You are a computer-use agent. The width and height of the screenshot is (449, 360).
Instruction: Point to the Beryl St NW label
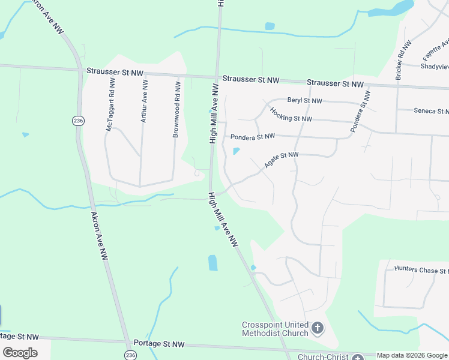pos(304,101)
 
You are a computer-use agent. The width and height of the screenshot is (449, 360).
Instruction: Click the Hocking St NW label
pos(291,115)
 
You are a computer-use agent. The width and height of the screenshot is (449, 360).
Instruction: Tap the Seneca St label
pos(431,111)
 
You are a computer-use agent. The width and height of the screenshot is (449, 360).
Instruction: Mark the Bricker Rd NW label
pos(403,61)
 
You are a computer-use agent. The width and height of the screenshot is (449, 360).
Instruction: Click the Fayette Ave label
pos(436,50)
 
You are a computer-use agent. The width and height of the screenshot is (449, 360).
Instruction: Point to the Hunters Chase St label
pos(421,270)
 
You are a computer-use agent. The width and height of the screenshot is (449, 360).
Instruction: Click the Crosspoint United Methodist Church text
pos(275,329)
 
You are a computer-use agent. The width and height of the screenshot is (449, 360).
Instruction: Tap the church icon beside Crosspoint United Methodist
pos(318,328)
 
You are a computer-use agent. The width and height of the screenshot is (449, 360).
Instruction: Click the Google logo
pos(20,353)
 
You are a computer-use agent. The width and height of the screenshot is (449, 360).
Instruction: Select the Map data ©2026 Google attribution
pos(412,355)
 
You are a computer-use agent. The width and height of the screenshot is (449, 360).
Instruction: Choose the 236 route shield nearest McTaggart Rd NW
pos(77,121)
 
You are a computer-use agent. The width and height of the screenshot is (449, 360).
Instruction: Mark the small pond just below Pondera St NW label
pos(236,151)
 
